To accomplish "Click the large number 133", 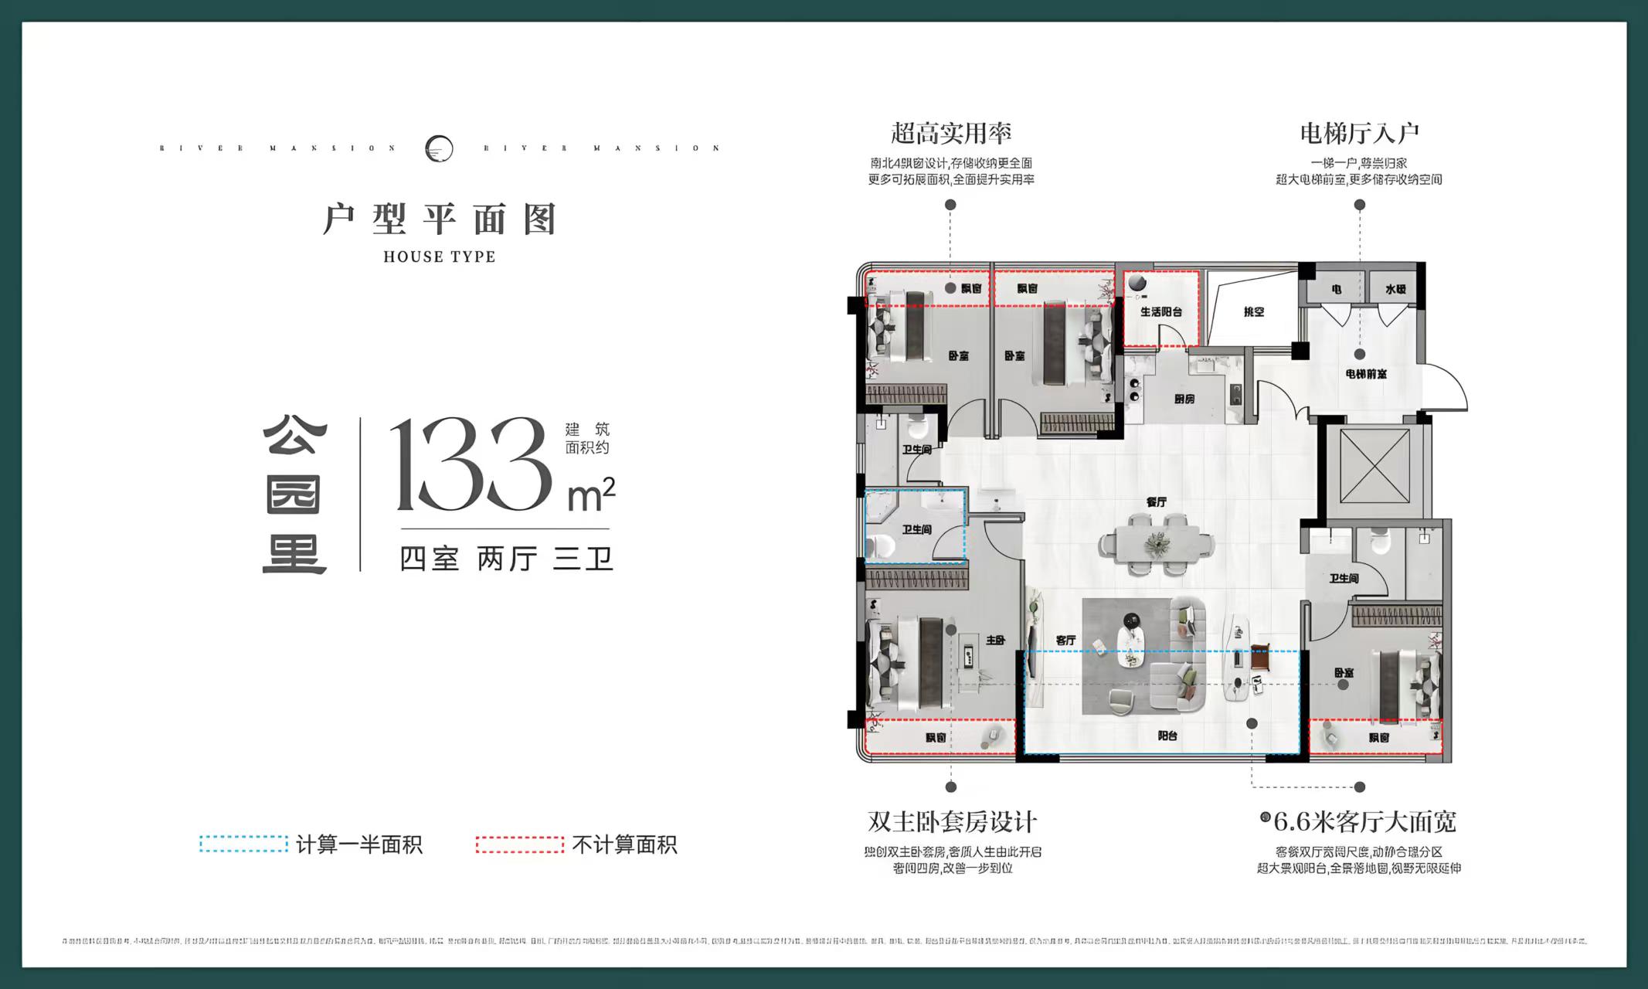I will [x=471, y=466].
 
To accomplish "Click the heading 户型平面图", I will [x=440, y=219].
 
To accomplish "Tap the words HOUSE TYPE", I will [x=440, y=257].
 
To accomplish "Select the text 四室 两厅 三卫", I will [x=506, y=558].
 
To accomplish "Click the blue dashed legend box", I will [x=243, y=845].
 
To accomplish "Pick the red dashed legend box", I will [x=520, y=845].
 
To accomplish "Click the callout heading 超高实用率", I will [x=951, y=134].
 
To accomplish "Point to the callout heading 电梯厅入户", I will [x=1359, y=134].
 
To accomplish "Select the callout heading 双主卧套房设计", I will [x=952, y=821].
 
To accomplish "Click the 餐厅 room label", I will [x=1157, y=502].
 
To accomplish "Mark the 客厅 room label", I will [x=1065, y=641].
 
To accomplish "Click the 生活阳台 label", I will [x=1160, y=312].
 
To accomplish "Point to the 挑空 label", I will [x=1254, y=312].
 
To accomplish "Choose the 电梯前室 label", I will [x=1365, y=374].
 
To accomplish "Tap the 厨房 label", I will [x=1184, y=399].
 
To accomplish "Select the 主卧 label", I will [x=995, y=641].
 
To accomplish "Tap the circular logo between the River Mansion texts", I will [x=440, y=148].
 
